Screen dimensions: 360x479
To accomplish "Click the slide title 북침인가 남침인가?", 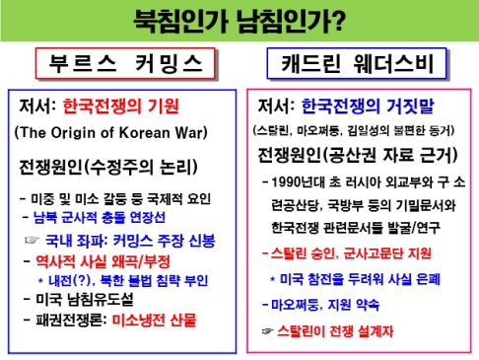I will [239, 19].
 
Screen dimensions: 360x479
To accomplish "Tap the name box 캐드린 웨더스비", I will [359, 65].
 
